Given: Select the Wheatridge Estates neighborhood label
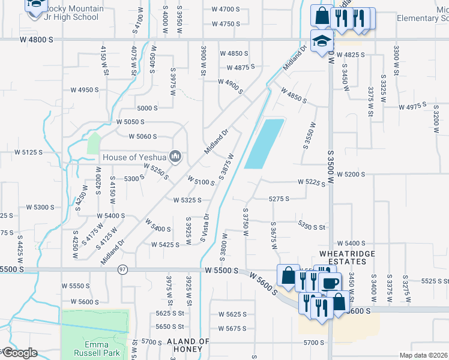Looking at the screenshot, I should [x=351, y=257].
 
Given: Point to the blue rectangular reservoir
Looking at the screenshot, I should [x=264, y=144].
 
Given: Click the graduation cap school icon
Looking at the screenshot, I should [x=321, y=41].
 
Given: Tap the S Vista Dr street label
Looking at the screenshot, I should [x=205, y=228].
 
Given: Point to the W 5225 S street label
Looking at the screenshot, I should [x=312, y=182].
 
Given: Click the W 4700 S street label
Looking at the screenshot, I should [x=225, y=10].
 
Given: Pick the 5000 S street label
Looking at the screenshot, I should [x=147, y=108].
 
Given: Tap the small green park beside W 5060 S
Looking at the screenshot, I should [x=93, y=143].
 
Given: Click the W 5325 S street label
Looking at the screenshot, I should [x=190, y=200].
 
